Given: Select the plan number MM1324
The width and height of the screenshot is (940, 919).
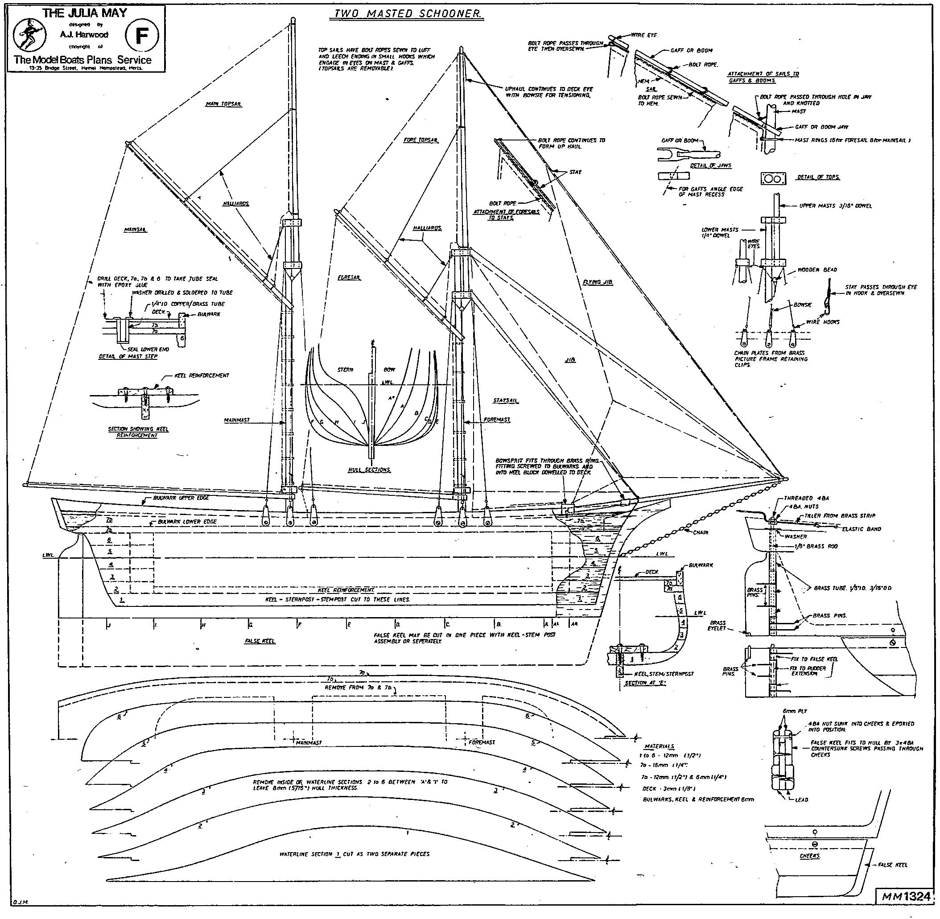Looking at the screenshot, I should (x=906, y=896).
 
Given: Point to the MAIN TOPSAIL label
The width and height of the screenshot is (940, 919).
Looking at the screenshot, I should (x=223, y=104).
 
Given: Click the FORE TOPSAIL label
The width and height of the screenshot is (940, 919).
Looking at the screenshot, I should (x=421, y=140).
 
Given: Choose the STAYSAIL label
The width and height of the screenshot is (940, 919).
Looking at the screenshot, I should (x=506, y=400).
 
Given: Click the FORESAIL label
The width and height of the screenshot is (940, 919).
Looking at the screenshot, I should (x=349, y=278).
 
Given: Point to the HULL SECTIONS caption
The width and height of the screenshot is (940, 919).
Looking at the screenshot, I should (x=369, y=470).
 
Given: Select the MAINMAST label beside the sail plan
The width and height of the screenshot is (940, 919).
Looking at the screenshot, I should (x=237, y=420).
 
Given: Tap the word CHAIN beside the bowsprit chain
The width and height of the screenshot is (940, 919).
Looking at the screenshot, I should (x=701, y=532).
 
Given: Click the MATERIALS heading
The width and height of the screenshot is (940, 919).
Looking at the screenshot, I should (x=659, y=746).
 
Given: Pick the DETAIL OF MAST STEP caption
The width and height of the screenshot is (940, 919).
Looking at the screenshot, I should (x=128, y=356).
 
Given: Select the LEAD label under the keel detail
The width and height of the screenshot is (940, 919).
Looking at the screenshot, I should (x=801, y=800).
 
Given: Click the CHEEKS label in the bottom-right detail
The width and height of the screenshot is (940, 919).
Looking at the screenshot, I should (x=810, y=856).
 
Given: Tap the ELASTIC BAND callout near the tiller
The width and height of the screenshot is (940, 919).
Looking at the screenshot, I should (x=862, y=529).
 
